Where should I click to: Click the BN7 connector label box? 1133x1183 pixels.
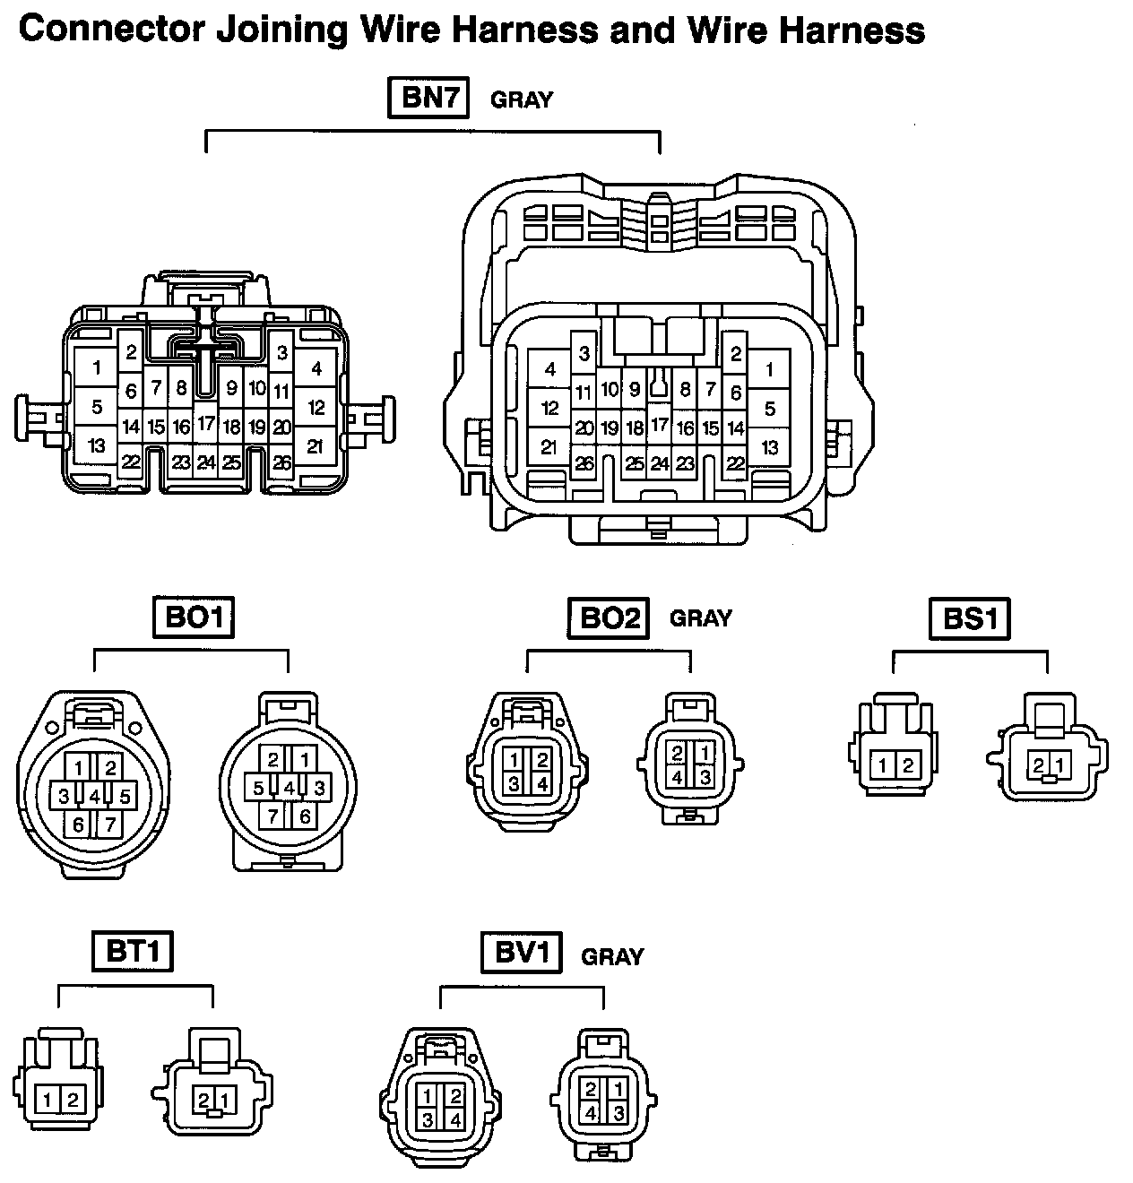tap(429, 98)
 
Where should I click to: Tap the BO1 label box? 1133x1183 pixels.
tap(194, 617)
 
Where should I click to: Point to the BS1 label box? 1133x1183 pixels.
tap(970, 617)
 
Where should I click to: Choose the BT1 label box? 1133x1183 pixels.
tap(133, 951)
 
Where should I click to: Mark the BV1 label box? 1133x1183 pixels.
tap(521, 953)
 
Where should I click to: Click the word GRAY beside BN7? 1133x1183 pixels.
tap(522, 99)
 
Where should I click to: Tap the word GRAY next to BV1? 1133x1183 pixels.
tap(612, 957)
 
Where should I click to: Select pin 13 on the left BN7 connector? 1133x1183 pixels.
tap(97, 445)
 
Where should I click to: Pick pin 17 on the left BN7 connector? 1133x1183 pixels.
tap(206, 424)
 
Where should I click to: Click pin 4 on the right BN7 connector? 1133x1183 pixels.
tap(550, 369)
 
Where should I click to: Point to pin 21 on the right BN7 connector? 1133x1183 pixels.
tap(549, 447)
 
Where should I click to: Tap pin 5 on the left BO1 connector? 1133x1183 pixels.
tap(125, 795)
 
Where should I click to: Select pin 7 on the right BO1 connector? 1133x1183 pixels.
tap(273, 815)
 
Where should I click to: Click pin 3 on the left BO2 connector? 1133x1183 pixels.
tap(514, 783)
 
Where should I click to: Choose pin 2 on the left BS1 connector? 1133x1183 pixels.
tap(907, 765)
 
